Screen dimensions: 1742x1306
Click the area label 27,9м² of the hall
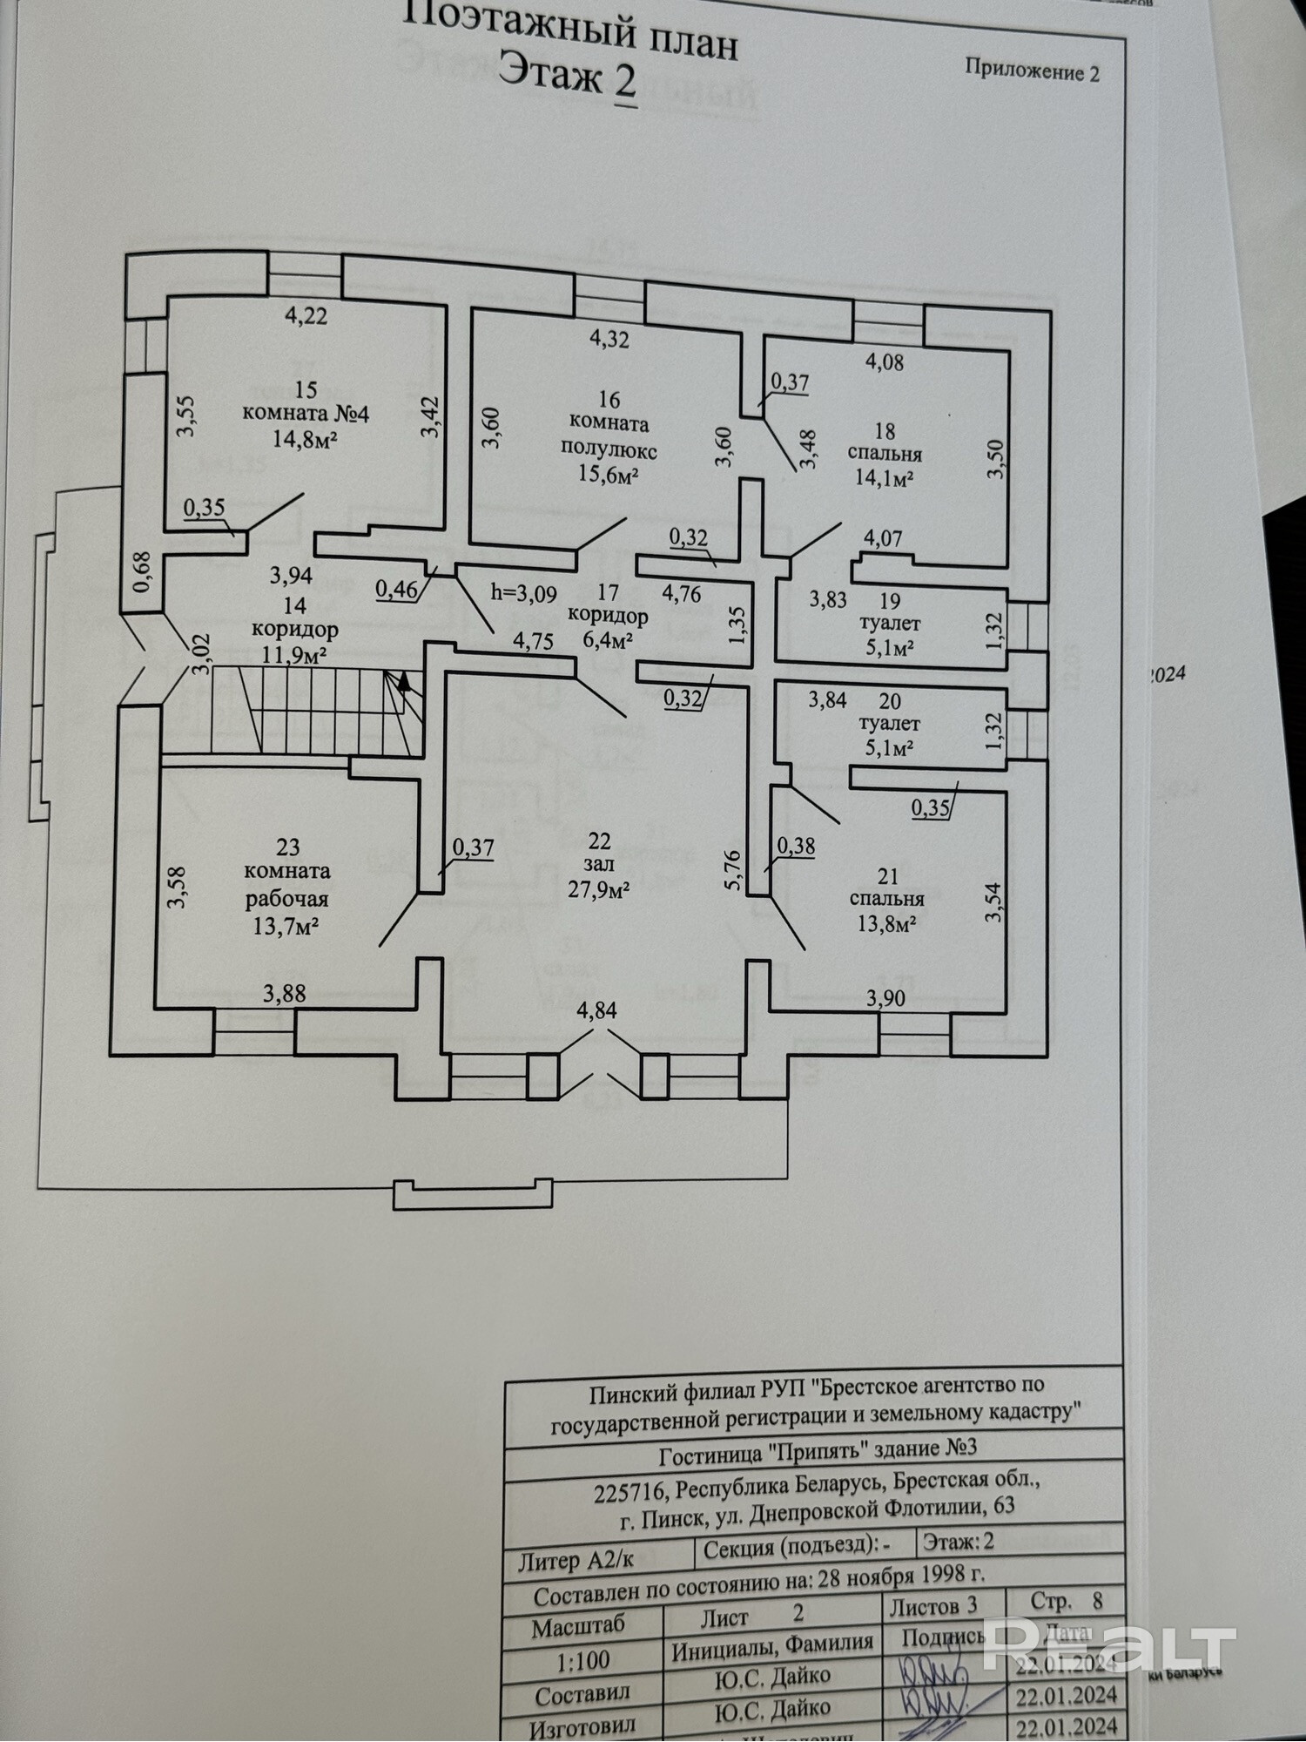coord(600,890)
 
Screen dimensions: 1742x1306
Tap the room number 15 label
coord(306,388)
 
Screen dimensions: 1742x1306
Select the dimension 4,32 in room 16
coord(609,339)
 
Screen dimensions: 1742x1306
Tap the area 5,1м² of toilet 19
coord(888,647)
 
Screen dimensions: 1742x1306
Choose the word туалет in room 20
coord(888,724)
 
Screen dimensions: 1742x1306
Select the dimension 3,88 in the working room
coord(285,993)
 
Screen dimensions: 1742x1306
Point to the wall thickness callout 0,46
coord(396,590)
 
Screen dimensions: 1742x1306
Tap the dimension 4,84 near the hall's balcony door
coord(596,1011)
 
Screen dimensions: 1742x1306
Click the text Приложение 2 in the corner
coord(1032,71)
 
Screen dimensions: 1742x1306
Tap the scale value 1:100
coord(583,1658)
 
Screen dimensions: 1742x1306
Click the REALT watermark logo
coord(1110,1645)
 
